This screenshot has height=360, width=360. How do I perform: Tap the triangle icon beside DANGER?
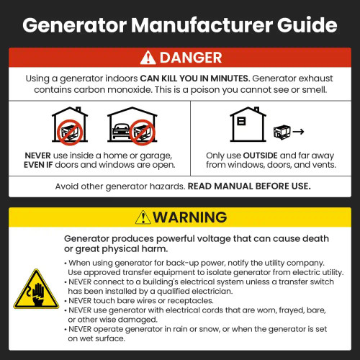(147, 58)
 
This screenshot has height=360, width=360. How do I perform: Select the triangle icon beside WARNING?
(143, 217)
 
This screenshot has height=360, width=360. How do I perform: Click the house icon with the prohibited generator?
(71, 125)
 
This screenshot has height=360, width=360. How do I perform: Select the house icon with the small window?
(245, 124)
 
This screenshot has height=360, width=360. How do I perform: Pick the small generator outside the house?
(283, 132)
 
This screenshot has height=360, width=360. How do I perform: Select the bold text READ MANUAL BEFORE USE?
(249, 186)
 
